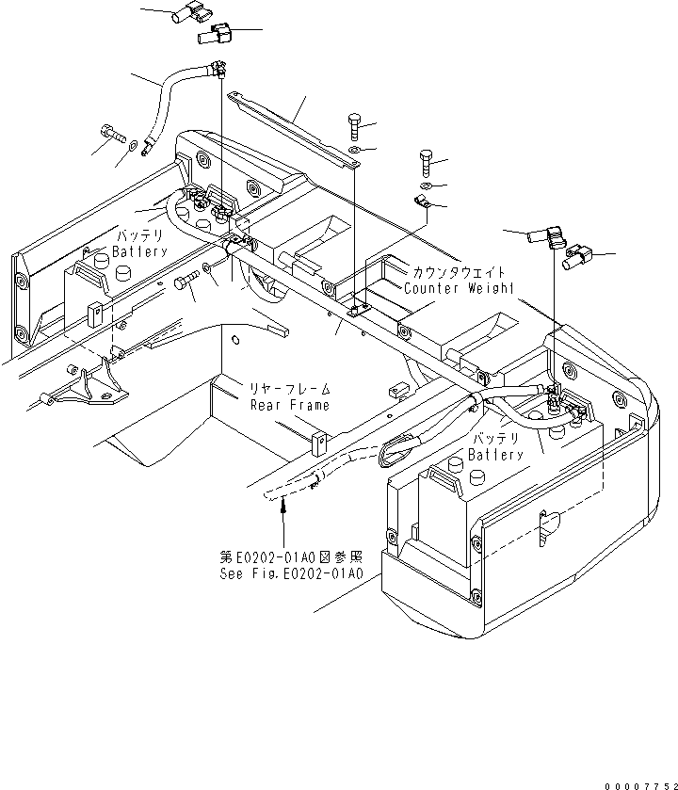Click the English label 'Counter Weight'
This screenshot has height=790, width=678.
459,288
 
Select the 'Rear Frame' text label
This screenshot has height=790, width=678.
289,405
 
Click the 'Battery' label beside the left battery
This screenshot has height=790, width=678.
139,252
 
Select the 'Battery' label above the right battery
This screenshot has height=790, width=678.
496,455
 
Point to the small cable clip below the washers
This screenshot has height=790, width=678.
420,203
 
